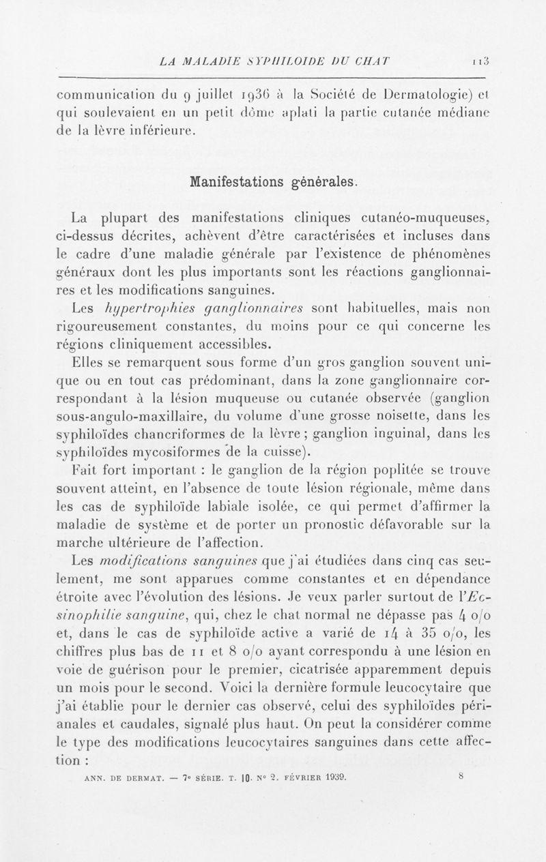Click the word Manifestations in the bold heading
(x=233, y=183)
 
